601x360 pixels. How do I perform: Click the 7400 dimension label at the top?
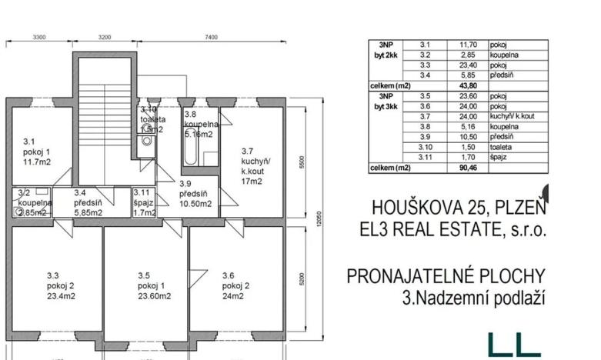(211, 37)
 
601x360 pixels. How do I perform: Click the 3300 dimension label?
(39, 37)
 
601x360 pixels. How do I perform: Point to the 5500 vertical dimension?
(303, 162)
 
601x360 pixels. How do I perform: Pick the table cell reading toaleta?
(503, 147)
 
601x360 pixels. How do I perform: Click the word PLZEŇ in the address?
(516, 208)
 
